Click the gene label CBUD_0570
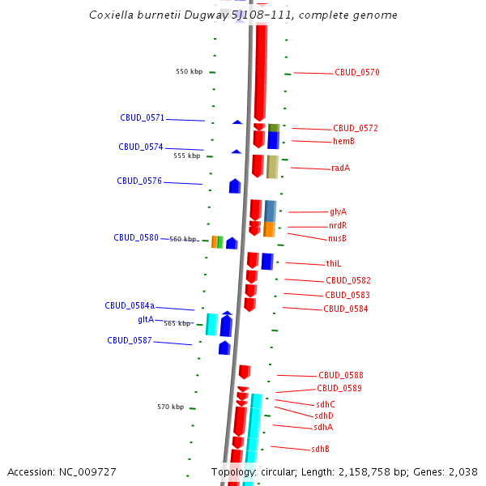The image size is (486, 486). [x=357, y=73]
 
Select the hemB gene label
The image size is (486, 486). [x=343, y=142]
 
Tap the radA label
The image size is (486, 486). [x=341, y=168]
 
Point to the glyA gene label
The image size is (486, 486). [x=338, y=212]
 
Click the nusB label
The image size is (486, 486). [x=337, y=239]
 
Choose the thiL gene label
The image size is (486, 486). [x=334, y=264]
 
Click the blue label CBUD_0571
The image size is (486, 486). [x=142, y=118]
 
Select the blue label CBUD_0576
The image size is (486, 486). [x=139, y=181]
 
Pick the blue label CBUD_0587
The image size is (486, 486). [x=130, y=341]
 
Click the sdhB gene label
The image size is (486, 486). [x=321, y=450]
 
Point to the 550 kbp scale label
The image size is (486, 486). [x=189, y=72]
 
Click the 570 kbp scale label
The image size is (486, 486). [x=170, y=407]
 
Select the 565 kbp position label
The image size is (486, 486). [x=177, y=323]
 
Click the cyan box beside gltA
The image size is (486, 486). [x=211, y=324]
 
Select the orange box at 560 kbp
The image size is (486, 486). [x=214, y=241]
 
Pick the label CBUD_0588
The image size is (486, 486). [x=340, y=376]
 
